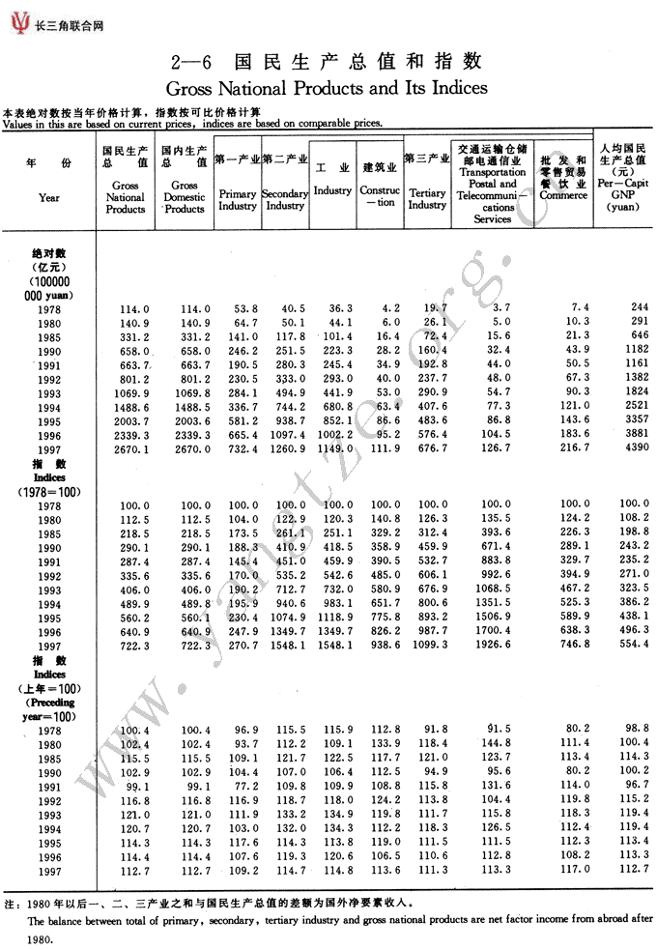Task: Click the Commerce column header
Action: (x=563, y=194)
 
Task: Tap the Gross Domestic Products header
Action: (x=185, y=196)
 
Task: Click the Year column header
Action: (x=49, y=196)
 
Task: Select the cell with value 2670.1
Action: (x=130, y=450)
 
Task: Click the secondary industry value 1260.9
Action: (x=285, y=450)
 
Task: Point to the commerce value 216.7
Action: (x=571, y=450)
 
